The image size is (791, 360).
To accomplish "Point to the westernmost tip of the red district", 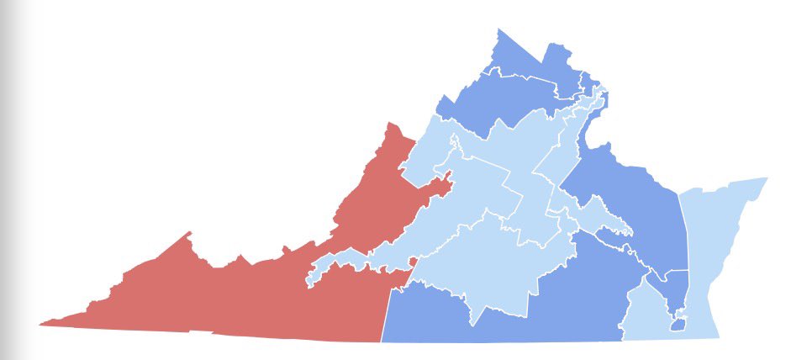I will (x=40, y=323).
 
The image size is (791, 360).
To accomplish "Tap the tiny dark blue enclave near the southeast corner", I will (x=678, y=325).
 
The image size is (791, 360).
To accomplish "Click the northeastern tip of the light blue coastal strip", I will (x=767, y=178).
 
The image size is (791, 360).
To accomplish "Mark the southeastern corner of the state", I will (x=719, y=336).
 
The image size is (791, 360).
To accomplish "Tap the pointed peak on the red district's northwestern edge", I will (x=190, y=233).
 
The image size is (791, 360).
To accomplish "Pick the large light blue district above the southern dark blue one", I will (x=479, y=261).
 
